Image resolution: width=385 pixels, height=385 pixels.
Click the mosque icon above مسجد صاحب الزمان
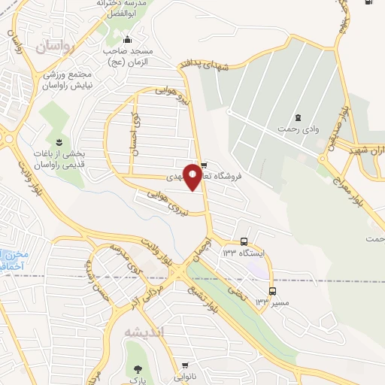(x=127, y=39)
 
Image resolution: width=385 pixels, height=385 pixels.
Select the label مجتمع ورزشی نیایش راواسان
(x=73, y=80)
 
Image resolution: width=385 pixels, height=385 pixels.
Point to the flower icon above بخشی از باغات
(x=57, y=141)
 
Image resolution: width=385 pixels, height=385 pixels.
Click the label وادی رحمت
(x=295, y=130)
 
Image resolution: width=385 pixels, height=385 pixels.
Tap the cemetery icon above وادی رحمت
(x=297, y=117)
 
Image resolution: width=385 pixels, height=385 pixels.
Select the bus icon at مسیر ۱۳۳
(x=272, y=291)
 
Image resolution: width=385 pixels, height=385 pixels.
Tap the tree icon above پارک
(x=138, y=368)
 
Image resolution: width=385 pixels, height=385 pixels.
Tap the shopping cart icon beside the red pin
(x=205, y=166)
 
